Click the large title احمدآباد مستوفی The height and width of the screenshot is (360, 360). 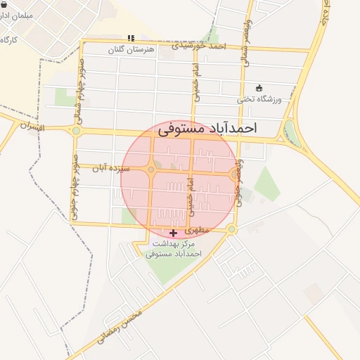207,129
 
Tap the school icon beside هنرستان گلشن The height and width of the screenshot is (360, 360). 129,38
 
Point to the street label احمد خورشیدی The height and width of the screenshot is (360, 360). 202,46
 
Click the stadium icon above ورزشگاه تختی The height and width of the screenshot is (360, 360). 259,88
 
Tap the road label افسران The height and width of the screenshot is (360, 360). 32,127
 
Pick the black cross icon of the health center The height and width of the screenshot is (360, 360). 174,232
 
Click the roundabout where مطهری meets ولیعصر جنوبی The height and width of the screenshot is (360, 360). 231,229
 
